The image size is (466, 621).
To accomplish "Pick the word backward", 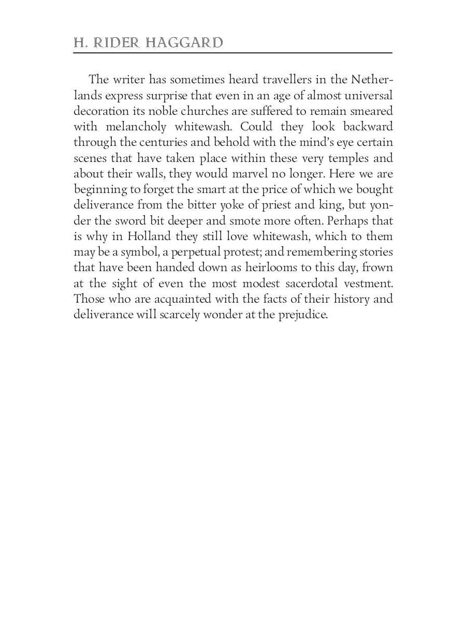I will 368,127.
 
